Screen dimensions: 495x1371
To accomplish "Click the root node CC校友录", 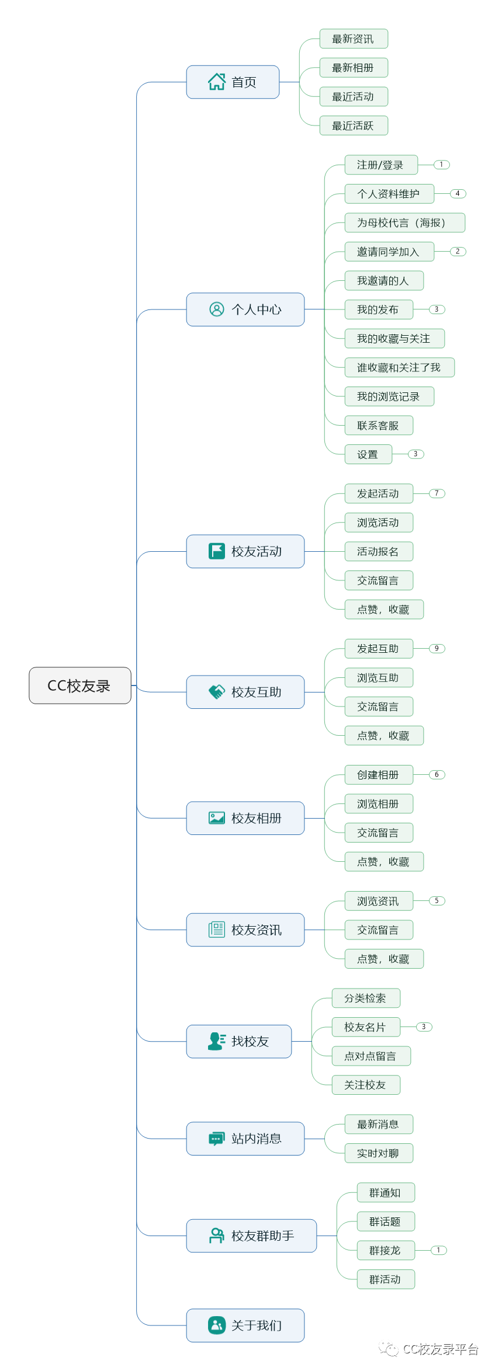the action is coord(80,685).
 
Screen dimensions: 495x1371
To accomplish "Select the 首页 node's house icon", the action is coord(217,82).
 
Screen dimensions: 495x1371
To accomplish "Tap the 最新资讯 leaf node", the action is coord(354,39).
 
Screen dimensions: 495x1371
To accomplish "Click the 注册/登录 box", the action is coord(381,165).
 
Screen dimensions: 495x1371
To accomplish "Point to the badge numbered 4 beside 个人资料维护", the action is coord(458,194).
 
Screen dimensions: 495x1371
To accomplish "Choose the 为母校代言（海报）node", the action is coord(405,222).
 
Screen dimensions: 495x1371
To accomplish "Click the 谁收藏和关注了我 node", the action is coord(400,367).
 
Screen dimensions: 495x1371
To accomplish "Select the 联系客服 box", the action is coord(379,425).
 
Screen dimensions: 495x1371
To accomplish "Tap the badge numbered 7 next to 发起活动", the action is coord(437,493).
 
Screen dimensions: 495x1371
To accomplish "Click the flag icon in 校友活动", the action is coord(217,551).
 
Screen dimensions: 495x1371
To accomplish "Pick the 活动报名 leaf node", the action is coord(379,551).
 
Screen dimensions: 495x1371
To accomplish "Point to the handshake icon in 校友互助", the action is coord(217,692).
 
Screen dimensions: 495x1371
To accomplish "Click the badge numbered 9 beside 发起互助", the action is coord(437,649).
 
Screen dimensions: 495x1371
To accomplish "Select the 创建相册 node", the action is coord(379,775).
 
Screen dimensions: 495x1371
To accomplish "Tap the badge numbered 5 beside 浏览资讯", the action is coord(437,901).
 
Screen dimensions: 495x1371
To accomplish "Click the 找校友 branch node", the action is coord(239,1041).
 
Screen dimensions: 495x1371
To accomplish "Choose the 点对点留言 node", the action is coord(371,1056).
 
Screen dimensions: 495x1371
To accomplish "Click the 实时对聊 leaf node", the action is coord(379,1153).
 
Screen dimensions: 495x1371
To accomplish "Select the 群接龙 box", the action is coord(386,1250).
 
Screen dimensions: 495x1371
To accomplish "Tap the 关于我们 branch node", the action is coord(245,1325).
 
